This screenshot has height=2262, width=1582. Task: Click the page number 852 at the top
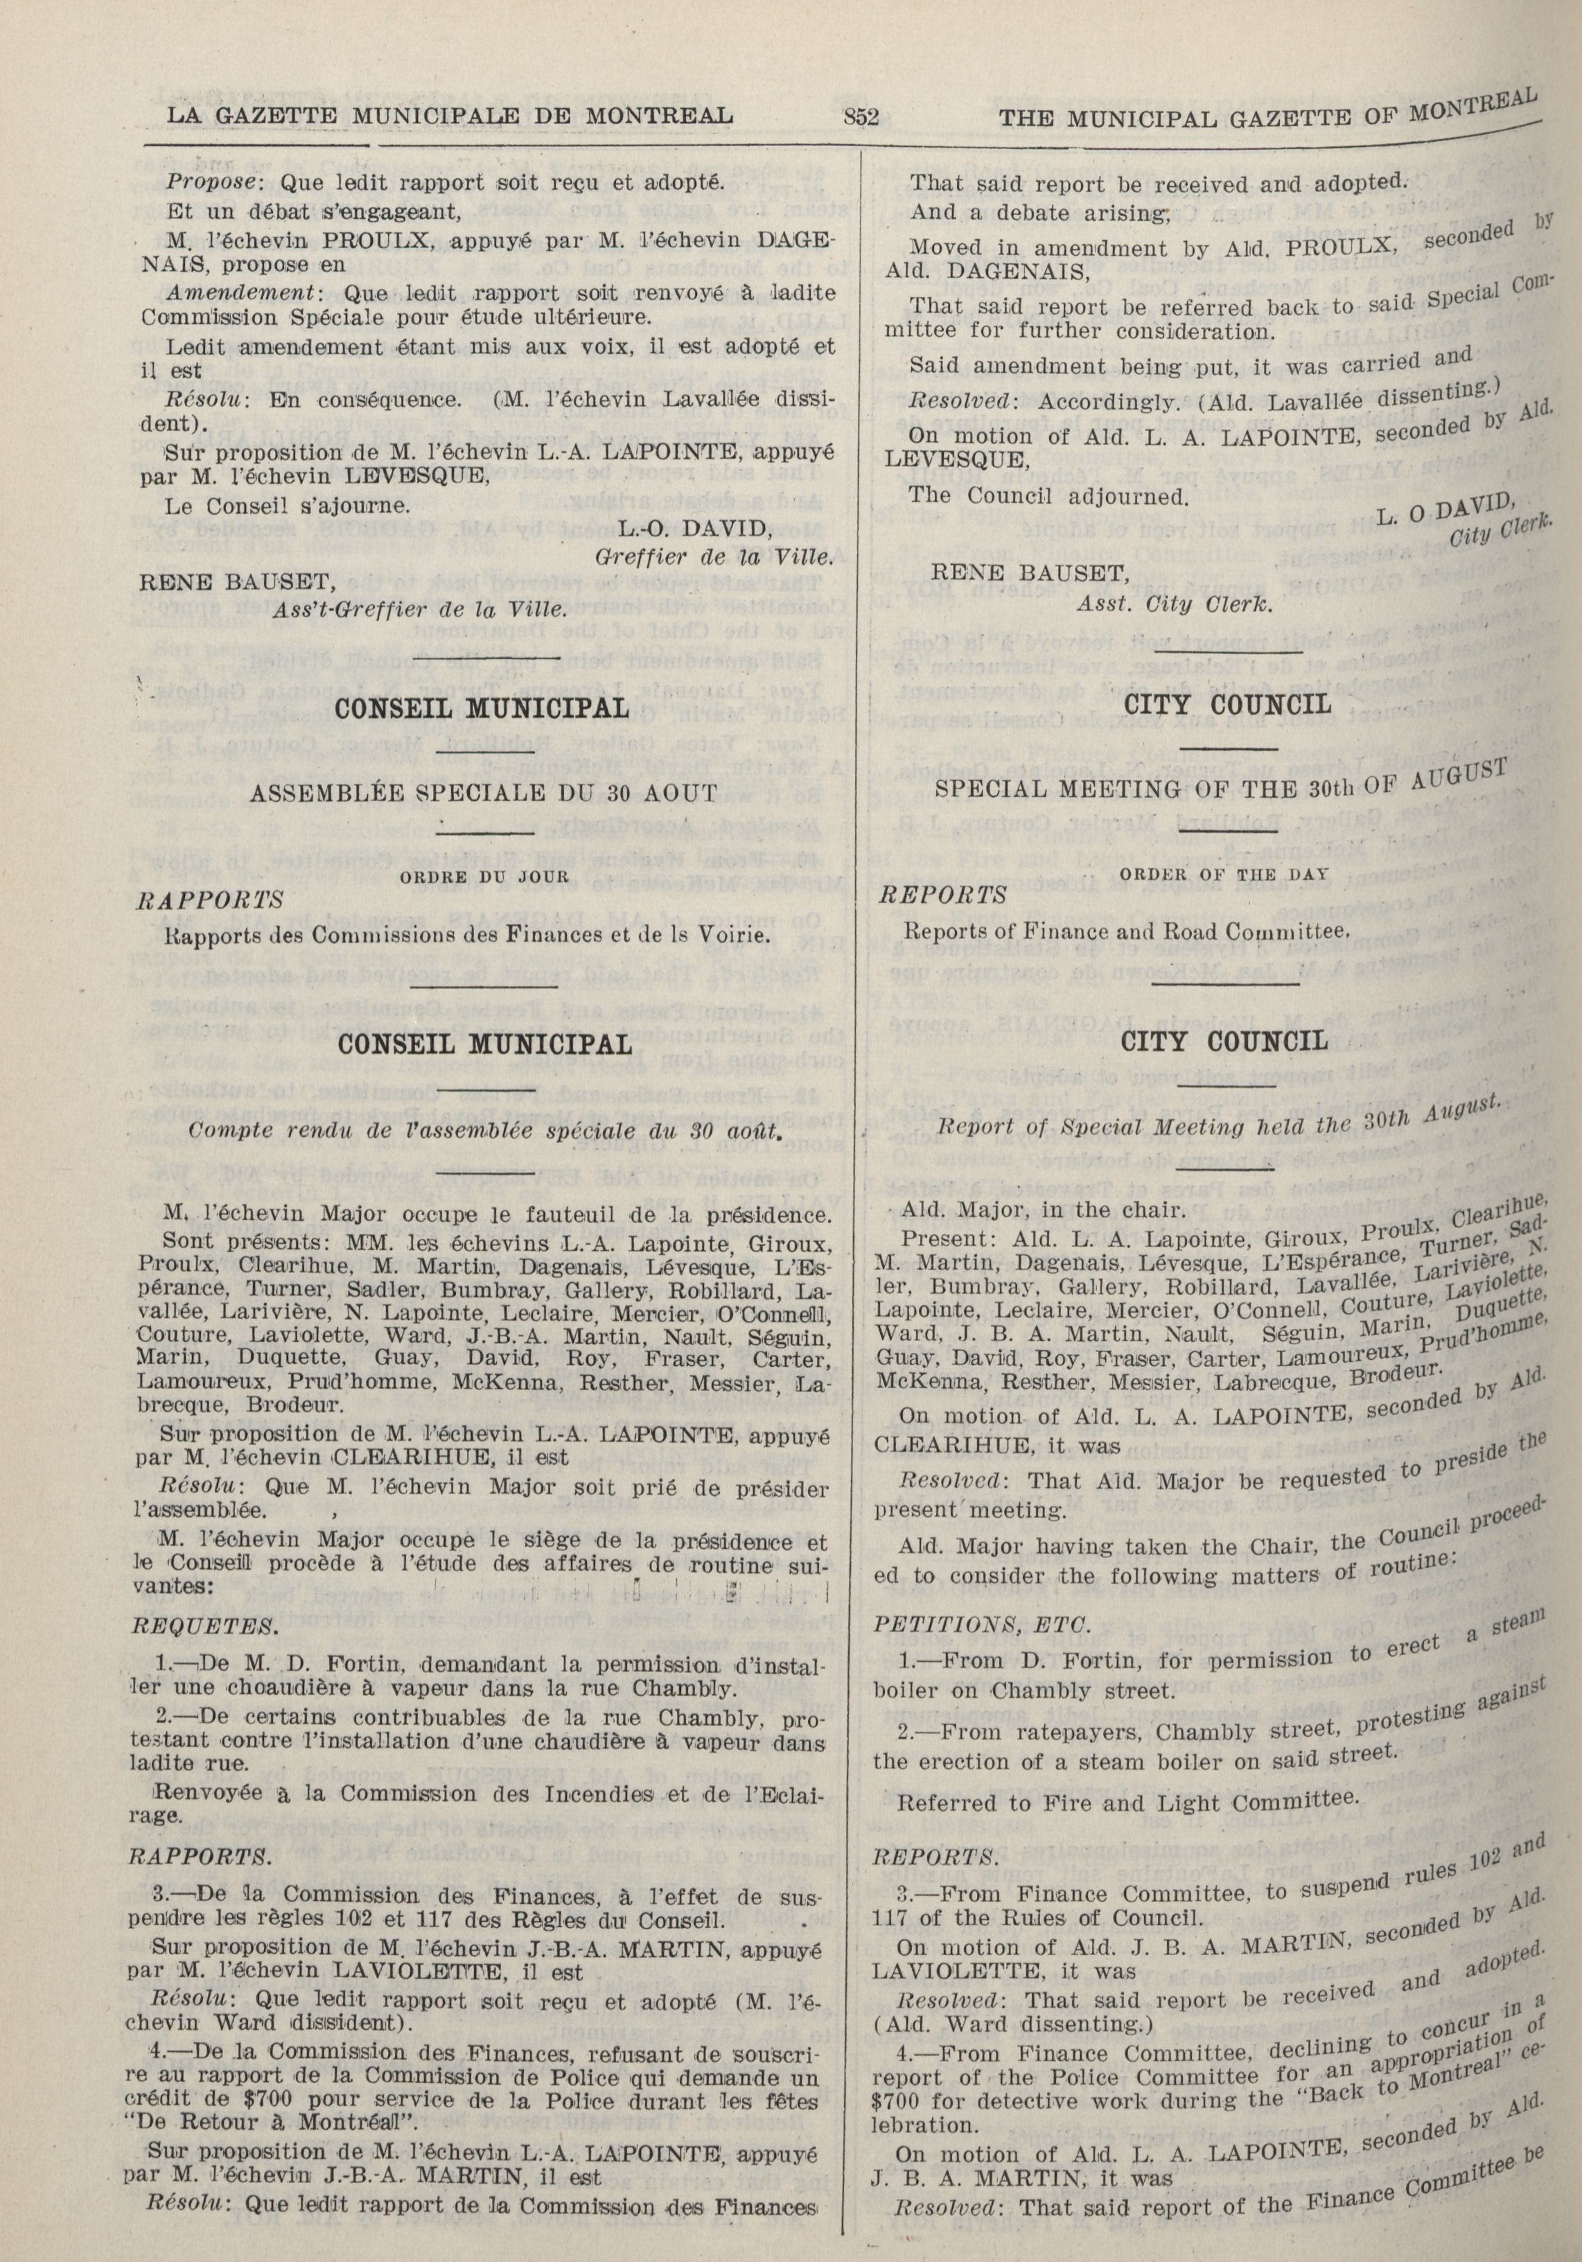(x=862, y=117)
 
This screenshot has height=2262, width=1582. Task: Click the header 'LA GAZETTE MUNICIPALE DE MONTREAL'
(x=450, y=116)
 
